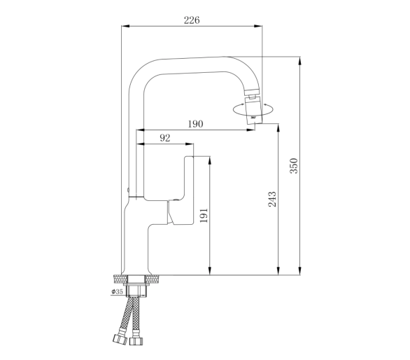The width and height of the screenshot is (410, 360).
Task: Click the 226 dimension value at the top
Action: pos(192,20)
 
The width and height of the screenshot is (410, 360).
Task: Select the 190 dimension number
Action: pos(195,123)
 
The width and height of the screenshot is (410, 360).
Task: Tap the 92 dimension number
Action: pos(165,138)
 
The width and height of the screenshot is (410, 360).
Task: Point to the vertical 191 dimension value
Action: pos(204,216)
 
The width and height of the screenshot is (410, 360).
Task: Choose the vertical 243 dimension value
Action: pos(272,199)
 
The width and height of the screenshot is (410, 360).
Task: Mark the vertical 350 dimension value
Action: pos(294,166)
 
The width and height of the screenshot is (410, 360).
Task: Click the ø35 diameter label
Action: pos(117,291)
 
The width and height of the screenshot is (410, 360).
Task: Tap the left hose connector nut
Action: pos(120,339)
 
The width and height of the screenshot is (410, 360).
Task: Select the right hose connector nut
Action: pos(136,340)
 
